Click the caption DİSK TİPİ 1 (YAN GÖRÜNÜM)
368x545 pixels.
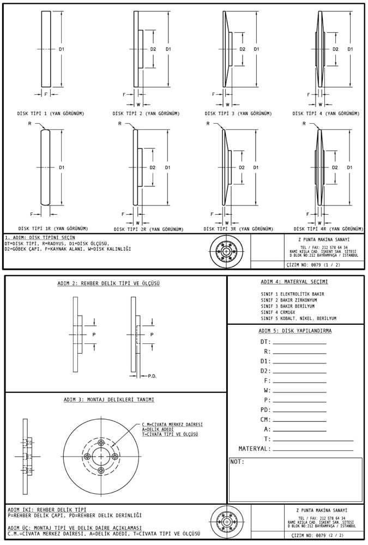[x=50, y=113]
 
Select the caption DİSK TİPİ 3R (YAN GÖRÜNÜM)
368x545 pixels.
[x=238, y=229]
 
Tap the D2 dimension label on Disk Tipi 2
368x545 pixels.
[x=153, y=50]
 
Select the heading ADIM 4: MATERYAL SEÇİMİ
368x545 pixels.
[x=294, y=282]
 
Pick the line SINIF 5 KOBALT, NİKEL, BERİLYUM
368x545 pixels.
[x=298, y=318]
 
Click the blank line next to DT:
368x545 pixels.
[x=299, y=342]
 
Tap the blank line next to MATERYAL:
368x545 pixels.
[x=312, y=449]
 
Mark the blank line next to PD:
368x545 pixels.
[x=299, y=410]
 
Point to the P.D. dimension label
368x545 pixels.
[x=152, y=376]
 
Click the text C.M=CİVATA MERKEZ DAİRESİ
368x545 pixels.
[x=172, y=424]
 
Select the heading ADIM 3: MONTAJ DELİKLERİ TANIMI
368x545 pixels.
[x=108, y=399]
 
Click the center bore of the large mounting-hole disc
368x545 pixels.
[x=100, y=456]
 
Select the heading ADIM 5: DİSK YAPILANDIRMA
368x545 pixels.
[x=295, y=330]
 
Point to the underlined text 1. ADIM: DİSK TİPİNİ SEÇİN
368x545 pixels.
[x=40, y=238]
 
